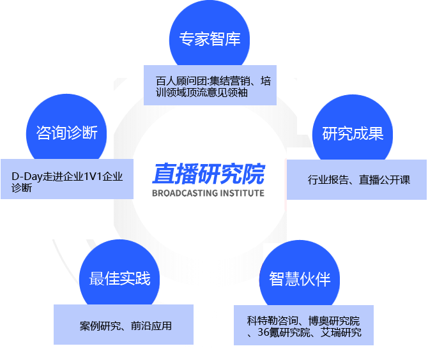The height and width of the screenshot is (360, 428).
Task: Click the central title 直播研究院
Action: pos(208,174)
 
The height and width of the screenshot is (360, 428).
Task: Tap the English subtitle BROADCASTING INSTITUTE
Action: pos(208,193)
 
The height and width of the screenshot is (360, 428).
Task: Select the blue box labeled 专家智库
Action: pos(210,39)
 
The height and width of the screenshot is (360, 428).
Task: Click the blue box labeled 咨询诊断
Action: pos(66,133)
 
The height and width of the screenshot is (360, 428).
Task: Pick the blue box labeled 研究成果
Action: pos(353,133)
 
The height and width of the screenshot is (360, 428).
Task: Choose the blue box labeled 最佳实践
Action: pos(119,278)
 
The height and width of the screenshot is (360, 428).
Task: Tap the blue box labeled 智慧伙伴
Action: pos(300,279)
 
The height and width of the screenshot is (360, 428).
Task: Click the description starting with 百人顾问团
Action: pos(210,87)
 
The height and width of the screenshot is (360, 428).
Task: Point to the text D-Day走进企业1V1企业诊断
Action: pos(67,181)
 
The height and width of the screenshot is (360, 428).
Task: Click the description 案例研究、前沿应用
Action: pos(126,326)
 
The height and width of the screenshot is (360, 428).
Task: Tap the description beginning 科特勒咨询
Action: pos(304,326)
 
